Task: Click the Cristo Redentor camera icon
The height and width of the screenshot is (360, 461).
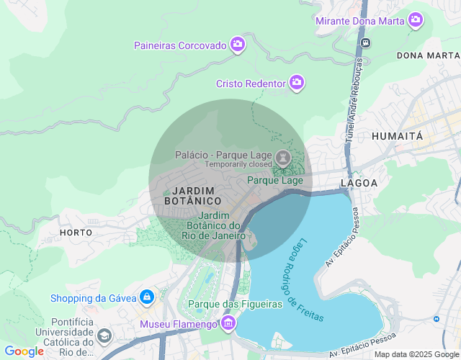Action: pyautogui.click(x=296, y=84)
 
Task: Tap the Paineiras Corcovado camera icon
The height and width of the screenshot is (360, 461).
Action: pyautogui.click(x=238, y=45)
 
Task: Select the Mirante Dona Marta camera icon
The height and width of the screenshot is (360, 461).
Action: pyautogui.click(x=416, y=20)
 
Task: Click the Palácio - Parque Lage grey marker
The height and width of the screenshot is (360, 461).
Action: pyautogui.click(x=283, y=158)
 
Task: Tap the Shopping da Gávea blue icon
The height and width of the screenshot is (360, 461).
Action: pyautogui.click(x=146, y=297)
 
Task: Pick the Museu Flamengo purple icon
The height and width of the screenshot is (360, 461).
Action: pyautogui.click(x=228, y=323)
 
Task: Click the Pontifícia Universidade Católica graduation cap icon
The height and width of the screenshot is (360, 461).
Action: pyautogui.click(x=105, y=336)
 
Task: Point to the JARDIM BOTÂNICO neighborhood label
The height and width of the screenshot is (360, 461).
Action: pyautogui.click(x=193, y=195)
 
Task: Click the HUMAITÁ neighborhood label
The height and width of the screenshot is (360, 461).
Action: pyautogui.click(x=397, y=135)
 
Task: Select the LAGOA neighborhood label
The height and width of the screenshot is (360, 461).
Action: pyautogui.click(x=359, y=183)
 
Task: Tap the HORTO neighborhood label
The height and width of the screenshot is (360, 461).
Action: pyautogui.click(x=76, y=233)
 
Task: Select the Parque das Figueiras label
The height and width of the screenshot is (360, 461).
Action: pyautogui.click(x=235, y=304)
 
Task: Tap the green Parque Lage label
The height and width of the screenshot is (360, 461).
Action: pyautogui.click(x=274, y=180)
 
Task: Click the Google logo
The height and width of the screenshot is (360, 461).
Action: pyautogui.click(x=24, y=351)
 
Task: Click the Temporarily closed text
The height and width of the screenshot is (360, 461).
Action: pyautogui.click(x=238, y=164)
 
